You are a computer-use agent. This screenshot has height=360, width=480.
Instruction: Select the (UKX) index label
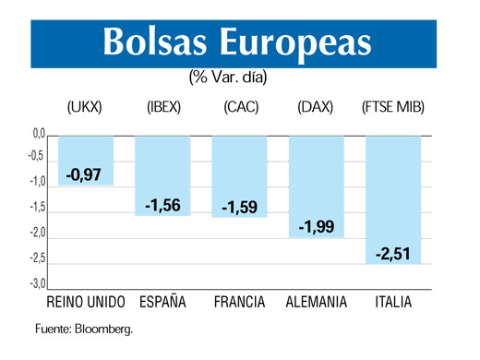86,107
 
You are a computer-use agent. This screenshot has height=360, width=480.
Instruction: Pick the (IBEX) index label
163,107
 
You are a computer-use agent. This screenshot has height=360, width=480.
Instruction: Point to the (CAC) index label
240,107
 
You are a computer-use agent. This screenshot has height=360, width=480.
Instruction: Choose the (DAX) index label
316,107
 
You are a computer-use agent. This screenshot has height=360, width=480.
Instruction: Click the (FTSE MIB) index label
392,107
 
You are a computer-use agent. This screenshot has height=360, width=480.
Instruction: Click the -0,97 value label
85,174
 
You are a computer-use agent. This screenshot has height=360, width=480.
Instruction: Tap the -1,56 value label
163,205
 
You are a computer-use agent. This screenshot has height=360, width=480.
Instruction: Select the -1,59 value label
240,207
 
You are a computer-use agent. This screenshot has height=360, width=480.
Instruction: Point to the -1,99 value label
317,227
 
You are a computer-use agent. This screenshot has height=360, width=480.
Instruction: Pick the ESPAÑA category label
162,303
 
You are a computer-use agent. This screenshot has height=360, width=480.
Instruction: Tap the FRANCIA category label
239,303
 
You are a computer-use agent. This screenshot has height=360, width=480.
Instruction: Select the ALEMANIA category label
317,303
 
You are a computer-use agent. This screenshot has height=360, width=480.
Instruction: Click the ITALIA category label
393,303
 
